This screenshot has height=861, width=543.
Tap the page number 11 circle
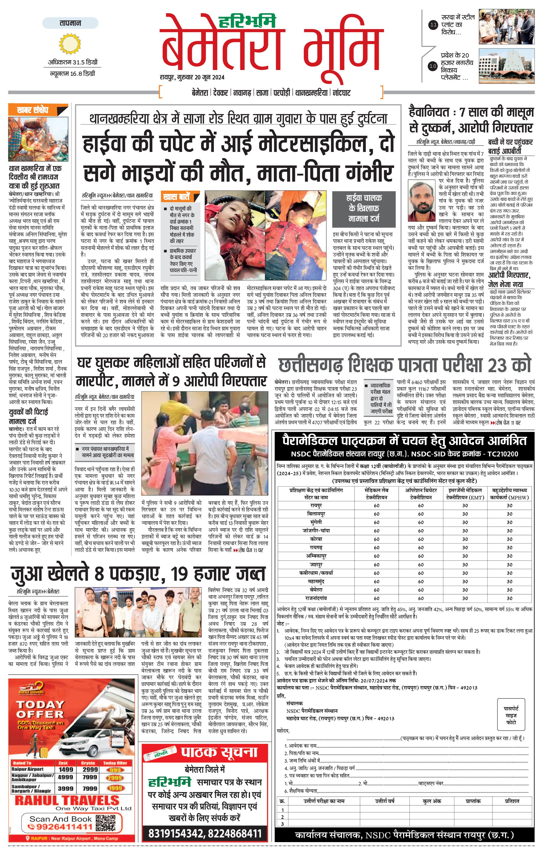[x=433, y=25]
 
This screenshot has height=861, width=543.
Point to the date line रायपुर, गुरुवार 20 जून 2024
[x=192, y=77]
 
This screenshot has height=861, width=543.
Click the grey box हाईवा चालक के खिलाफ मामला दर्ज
[x=364, y=208]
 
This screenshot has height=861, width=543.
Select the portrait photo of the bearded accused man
[x=422, y=201]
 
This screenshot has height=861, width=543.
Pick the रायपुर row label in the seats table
[x=316, y=505]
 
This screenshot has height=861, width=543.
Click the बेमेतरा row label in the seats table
[x=316, y=590]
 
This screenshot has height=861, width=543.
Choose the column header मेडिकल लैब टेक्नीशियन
[x=376, y=494]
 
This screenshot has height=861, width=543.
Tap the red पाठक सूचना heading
[x=219, y=752]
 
